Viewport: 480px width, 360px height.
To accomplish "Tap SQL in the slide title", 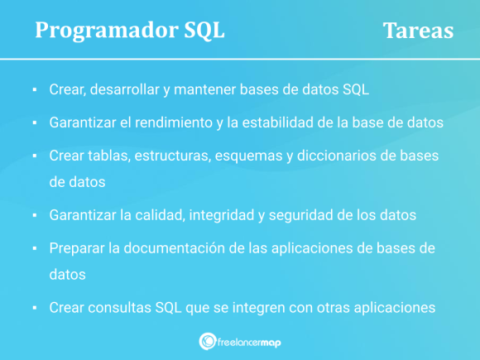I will click(202, 31).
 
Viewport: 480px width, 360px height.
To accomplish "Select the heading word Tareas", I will click(418, 31).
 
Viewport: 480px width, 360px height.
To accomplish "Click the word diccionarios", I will click(339, 156).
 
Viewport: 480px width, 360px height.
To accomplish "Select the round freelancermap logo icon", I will click(208, 341).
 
